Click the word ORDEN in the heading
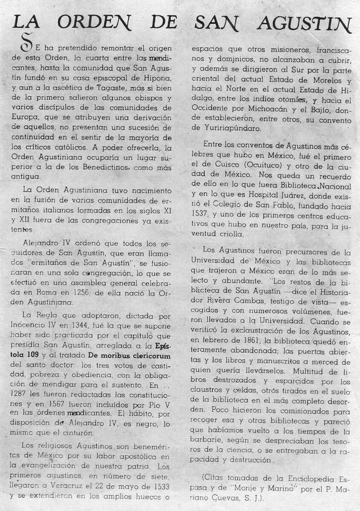tap(94, 21)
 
